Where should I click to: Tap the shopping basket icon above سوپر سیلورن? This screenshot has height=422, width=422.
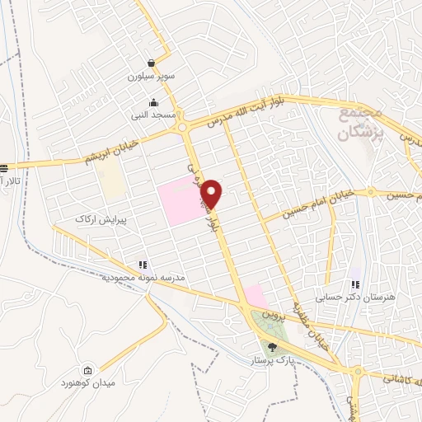pos(152,63)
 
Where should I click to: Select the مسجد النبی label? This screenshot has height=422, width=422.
pos(152,116)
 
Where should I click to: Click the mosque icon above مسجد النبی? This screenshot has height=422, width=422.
pos(152,103)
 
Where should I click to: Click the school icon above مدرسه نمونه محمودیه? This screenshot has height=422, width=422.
pos(142,265)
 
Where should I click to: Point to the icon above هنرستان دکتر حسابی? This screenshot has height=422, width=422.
pos(355,284)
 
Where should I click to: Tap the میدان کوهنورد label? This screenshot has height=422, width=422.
pos(89,384)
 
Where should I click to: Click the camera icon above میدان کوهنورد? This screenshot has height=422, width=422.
pos(89,371)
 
